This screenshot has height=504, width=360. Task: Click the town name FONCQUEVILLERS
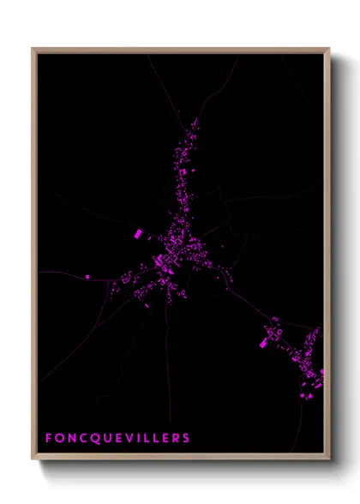[117, 438]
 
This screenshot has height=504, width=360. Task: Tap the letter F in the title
[49, 438]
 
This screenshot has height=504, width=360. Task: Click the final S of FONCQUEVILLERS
[186, 438]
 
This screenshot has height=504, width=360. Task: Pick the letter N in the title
[71, 438]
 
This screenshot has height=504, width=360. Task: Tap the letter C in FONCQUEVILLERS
[82, 438]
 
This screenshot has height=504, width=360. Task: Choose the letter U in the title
[105, 438]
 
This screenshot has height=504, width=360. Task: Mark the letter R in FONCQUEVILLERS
[175, 438]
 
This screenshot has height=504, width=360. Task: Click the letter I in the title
[138, 438]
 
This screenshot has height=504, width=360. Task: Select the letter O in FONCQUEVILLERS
[59, 438]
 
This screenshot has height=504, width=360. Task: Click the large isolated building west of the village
[136, 233]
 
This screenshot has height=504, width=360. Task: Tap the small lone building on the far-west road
[87, 276]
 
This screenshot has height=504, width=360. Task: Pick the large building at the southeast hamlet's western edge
[263, 343]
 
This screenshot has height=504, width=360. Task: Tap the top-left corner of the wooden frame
[33, 49]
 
